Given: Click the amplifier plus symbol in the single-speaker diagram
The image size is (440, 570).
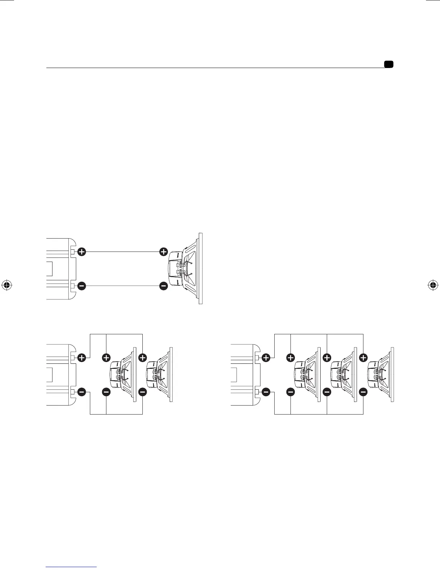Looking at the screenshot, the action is pyautogui.click(x=82, y=252).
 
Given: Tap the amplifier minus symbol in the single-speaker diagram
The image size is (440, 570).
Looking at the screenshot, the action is pyautogui.click(x=82, y=286).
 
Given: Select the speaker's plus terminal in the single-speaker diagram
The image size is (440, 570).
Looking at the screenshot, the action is pyautogui.click(x=164, y=252).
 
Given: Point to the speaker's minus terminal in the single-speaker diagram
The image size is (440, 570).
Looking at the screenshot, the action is pyautogui.click(x=164, y=286).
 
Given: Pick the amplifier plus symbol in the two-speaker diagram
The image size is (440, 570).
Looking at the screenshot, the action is pyautogui.click(x=82, y=358).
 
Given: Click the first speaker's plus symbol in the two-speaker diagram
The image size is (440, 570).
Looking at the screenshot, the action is pyautogui.click(x=106, y=358).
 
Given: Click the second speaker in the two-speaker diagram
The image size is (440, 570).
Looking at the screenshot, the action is pyautogui.click(x=160, y=374).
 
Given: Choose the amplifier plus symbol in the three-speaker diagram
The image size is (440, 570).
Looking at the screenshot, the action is pyautogui.click(x=266, y=358).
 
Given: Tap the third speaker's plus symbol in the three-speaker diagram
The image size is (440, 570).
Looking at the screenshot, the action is pyautogui.click(x=363, y=358).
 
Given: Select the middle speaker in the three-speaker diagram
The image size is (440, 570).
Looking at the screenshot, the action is pyautogui.click(x=344, y=374).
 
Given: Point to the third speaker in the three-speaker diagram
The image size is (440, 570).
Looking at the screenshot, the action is pyautogui.click(x=380, y=374).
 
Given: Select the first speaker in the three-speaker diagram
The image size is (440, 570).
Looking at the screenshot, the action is pyautogui.click(x=307, y=374).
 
